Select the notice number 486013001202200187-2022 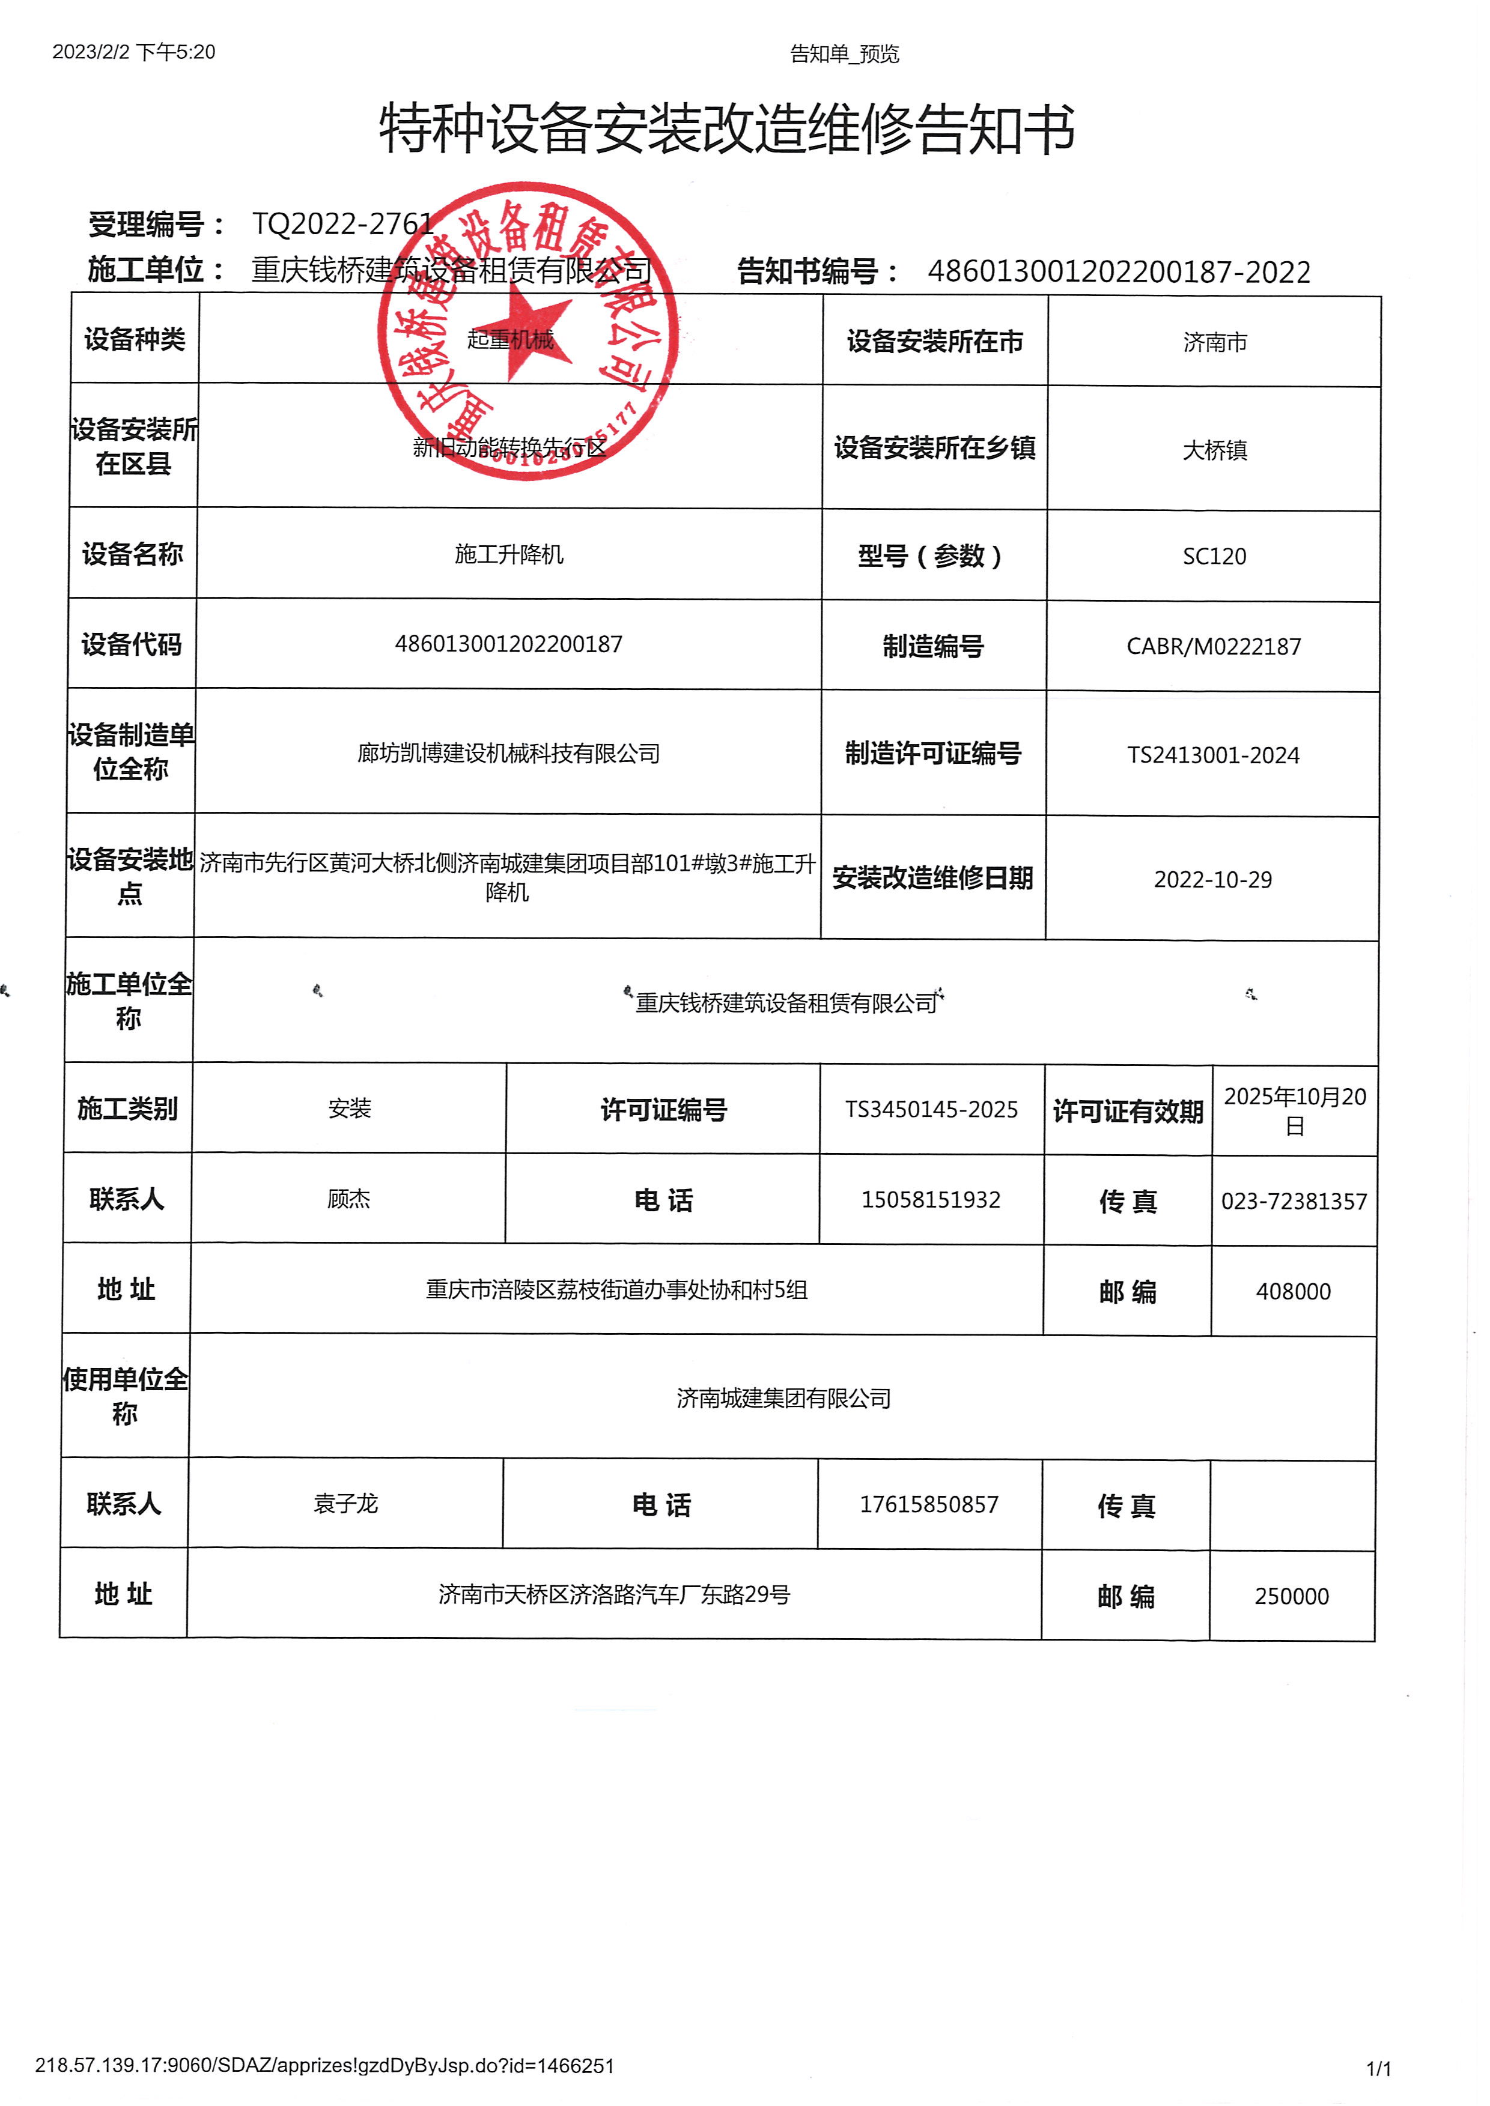pyautogui.click(x=1119, y=273)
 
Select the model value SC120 pyautogui.click(x=1214, y=557)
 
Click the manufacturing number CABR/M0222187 pyautogui.click(x=1213, y=647)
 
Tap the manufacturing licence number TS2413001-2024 pyautogui.click(x=1213, y=755)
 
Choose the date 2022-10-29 pyautogui.click(x=1212, y=880)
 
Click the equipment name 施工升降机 pyautogui.click(x=509, y=554)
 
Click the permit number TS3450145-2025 pyautogui.click(x=931, y=1110)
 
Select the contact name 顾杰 pyautogui.click(x=348, y=1199)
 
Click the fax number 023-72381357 pyautogui.click(x=1294, y=1202)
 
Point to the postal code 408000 pyautogui.click(x=1293, y=1292)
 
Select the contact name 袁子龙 pyautogui.click(x=346, y=1503)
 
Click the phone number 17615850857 pyautogui.click(x=928, y=1504)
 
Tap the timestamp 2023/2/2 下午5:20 pyautogui.click(x=134, y=52)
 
